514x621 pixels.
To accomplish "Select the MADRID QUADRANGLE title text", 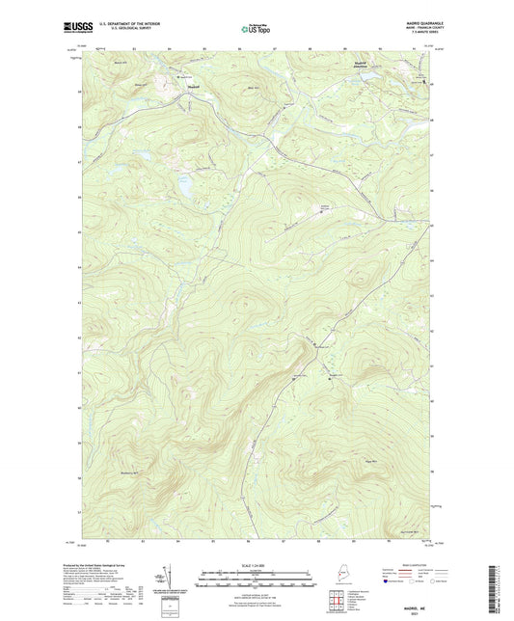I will tap(419, 26).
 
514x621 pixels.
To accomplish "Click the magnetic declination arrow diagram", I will tap(166, 573).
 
